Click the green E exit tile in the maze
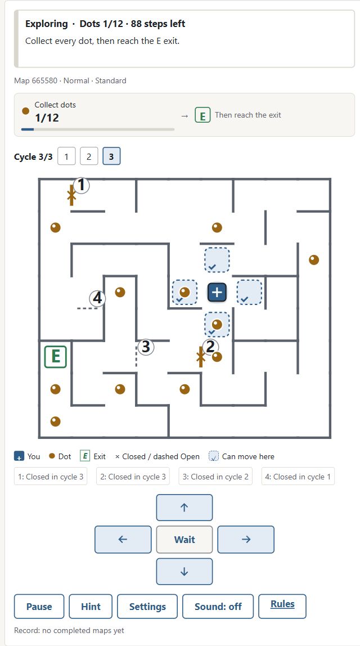pos(56,357)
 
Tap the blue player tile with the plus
pos(217,292)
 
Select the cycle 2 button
pos(89,156)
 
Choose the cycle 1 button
pos(67,156)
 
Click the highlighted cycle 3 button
pos(111,156)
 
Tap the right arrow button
pos(246,539)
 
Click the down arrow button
pos(184,571)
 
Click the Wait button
pos(184,539)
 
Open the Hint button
pos(91,607)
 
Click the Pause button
pos(39,607)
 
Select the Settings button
pos(147,607)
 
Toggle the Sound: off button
pos(218,607)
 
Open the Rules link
pos(282,604)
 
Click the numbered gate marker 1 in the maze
pos(82,185)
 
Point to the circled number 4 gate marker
pos(97,298)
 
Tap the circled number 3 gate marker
pos(146,347)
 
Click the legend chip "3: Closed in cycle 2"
pos(215,476)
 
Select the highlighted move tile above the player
pos(217,260)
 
